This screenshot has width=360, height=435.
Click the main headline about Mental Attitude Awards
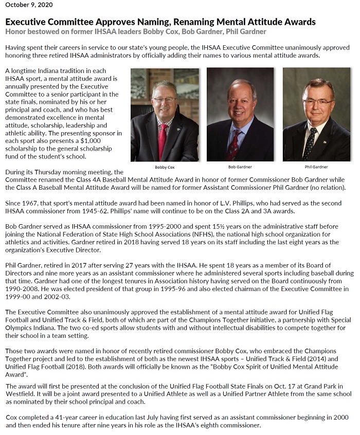coord(160,22)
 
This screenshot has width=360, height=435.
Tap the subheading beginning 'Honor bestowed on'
coord(136,32)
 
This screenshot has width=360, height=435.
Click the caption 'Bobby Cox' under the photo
coord(165,167)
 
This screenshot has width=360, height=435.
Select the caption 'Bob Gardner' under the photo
coord(240,167)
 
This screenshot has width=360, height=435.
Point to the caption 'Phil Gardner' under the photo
coord(316,167)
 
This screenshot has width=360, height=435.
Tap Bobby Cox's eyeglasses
coord(165,99)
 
